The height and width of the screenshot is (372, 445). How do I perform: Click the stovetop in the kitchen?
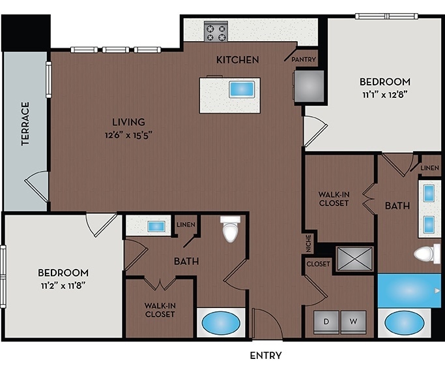pos(216,31)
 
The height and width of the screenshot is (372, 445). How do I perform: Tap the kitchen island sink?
pos(242,89)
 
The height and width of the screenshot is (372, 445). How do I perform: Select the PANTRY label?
pos(304,59)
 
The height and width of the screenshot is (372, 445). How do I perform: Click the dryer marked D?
pos(326,322)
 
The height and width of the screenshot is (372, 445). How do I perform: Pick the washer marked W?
pos(353,322)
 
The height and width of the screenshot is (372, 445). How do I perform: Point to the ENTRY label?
pos(266,356)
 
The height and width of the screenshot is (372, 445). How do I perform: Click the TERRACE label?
pos(25,124)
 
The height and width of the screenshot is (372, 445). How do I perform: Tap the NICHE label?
pos(309,243)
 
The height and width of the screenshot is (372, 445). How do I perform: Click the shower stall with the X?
pos(354,258)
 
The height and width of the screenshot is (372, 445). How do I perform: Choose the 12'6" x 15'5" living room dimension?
pos(129,134)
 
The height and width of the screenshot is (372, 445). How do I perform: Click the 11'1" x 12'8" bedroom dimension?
pos(385,95)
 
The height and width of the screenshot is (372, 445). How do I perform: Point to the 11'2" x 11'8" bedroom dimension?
pos(63,285)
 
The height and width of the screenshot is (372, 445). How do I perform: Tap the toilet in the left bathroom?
pos(230,229)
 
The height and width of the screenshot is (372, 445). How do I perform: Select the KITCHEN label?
pos(238,59)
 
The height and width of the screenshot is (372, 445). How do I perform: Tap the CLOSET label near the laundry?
pos(318,264)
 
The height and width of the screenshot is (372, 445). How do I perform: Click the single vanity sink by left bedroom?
pos(156,226)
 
